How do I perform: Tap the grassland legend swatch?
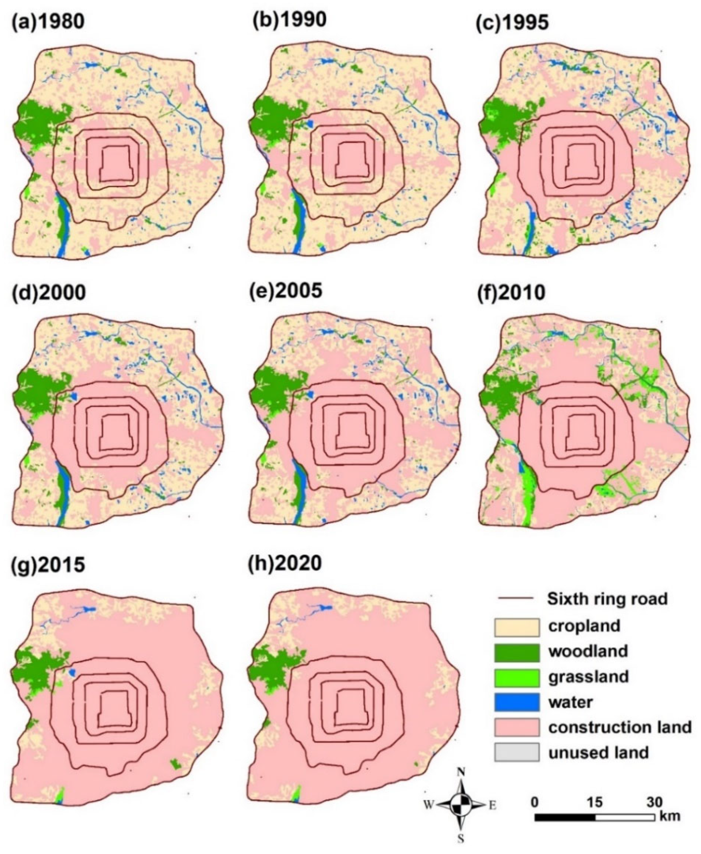(x=517, y=678)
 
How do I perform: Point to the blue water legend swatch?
(x=517, y=703)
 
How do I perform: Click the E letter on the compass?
(x=492, y=806)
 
